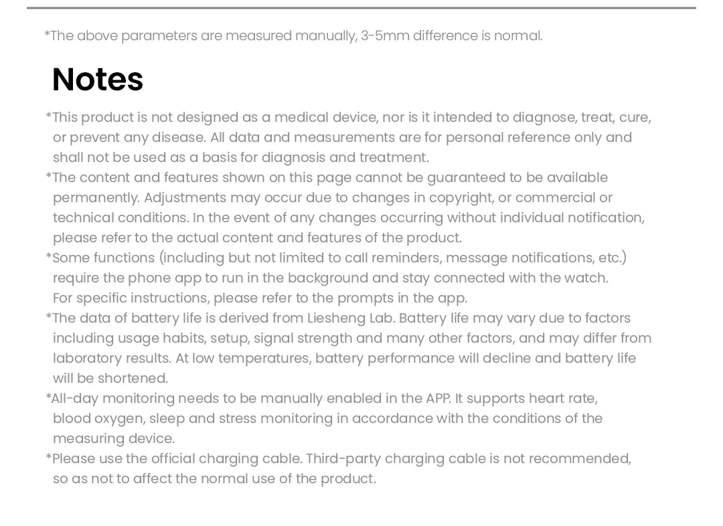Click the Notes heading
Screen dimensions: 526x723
point(98,80)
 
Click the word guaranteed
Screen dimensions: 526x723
point(467,178)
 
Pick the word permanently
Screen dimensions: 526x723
point(96,198)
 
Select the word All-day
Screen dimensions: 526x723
point(74,399)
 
